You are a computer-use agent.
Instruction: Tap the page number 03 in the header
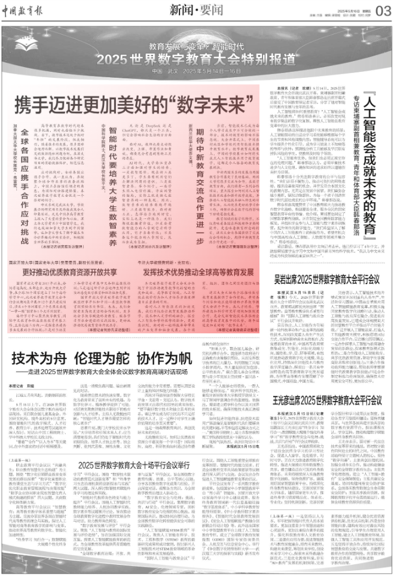tap(380, 10)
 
